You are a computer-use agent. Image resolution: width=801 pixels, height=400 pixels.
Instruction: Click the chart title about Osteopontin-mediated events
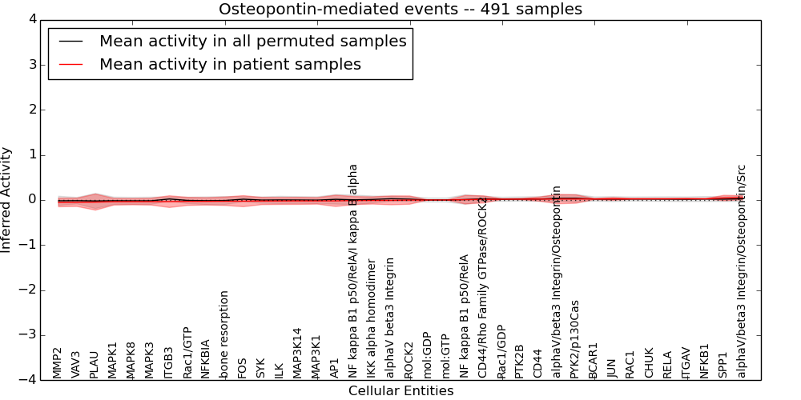click(x=400, y=10)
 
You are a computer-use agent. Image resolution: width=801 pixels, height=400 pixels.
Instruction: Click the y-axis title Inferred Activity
click(x=7, y=199)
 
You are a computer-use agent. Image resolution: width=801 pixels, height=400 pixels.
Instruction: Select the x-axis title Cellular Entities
click(x=400, y=391)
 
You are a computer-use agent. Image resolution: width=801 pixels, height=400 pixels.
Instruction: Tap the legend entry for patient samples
click(x=230, y=64)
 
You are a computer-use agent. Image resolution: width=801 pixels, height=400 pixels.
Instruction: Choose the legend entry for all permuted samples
click(x=252, y=42)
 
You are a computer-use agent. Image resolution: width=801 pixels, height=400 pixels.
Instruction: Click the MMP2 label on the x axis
click(x=57, y=362)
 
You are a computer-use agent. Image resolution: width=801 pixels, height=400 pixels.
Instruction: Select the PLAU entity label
click(x=94, y=364)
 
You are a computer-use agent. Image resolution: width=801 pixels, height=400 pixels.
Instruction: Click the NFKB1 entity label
click(x=704, y=361)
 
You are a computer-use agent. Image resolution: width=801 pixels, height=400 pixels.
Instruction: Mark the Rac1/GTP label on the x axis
click(x=187, y=352)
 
